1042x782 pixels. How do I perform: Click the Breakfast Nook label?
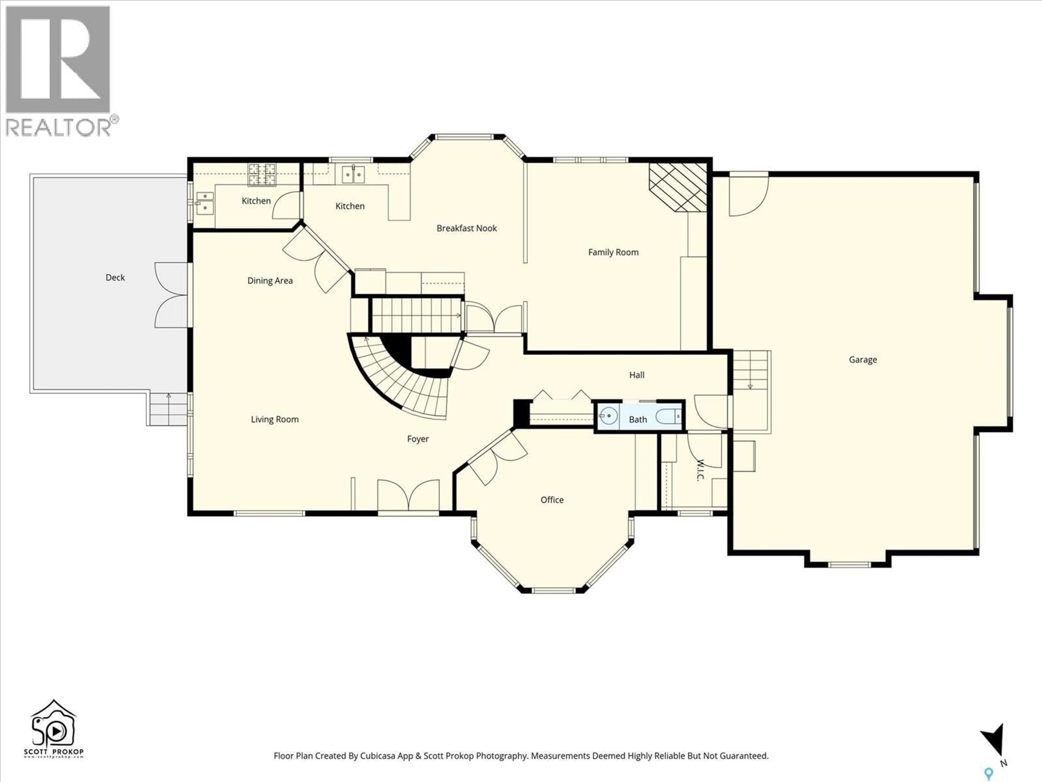(x=466, y=228)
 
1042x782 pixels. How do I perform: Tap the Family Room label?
(x=613, y=252)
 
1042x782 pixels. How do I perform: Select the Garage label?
(x=863, y=360)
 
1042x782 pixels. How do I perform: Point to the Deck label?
(x=115, y=278)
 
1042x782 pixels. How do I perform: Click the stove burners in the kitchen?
(x=262, y=174)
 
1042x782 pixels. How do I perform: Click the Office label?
(x=552, y=500)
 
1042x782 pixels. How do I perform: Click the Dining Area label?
(x=270, y=281)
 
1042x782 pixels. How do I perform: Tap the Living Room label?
(x=275, y=420)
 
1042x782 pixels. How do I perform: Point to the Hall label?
(x=636, y=375)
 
